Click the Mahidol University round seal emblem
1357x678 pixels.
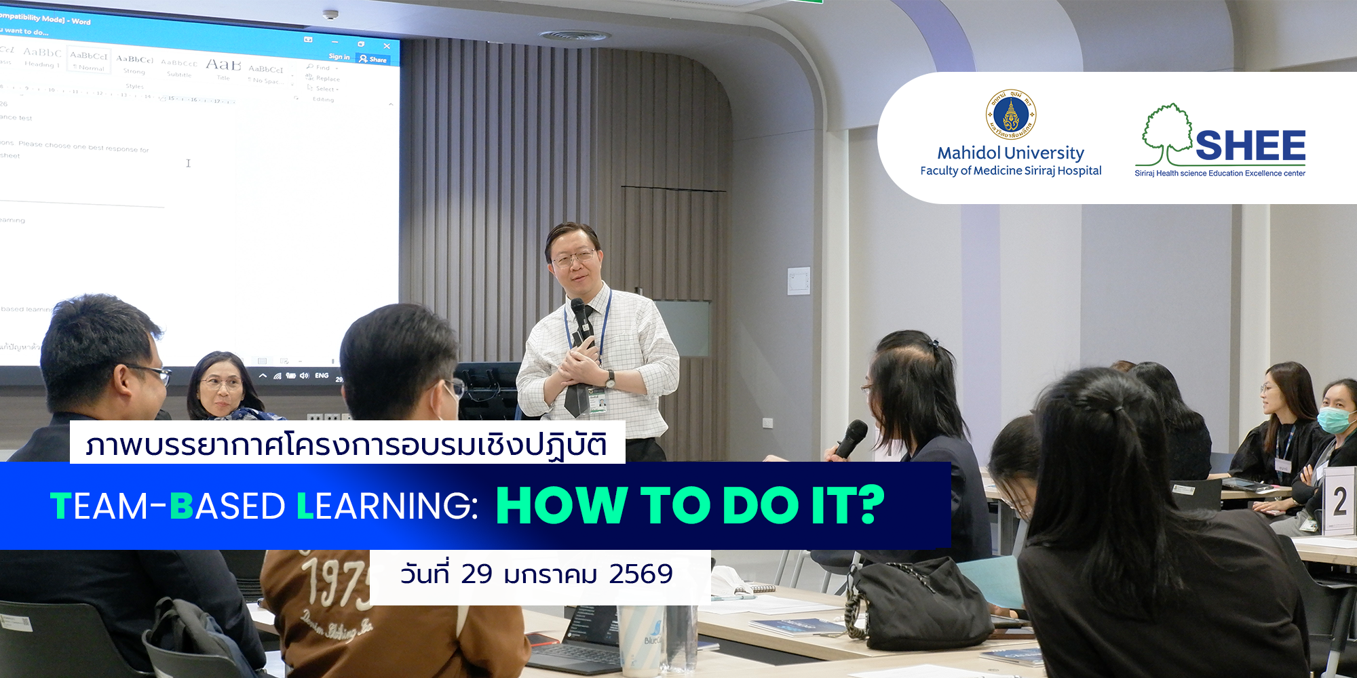1010,114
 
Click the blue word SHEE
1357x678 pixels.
1250,145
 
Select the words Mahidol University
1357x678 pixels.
1010,153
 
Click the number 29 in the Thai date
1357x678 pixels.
476,574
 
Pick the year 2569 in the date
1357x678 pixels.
641,574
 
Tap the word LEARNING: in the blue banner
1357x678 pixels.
387,506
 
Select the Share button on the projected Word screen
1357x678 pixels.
374,60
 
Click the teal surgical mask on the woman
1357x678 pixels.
1333,419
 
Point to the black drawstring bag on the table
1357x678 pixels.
917,603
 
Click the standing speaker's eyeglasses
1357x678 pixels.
574,258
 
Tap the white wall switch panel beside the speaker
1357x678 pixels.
799,281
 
